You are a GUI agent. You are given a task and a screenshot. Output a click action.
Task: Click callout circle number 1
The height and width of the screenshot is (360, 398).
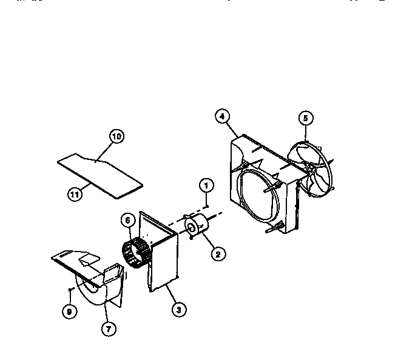(206, 184)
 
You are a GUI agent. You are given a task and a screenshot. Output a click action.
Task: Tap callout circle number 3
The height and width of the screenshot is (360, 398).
(177, 310)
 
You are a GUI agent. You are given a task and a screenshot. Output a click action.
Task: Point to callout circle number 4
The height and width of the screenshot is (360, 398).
(222, 116)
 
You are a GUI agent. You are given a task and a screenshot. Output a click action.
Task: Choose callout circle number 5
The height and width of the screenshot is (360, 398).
(305, 118)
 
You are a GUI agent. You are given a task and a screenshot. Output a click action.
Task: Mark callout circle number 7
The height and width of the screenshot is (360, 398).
(109, 329)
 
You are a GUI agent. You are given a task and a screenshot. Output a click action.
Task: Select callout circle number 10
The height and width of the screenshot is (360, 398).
(116, 137)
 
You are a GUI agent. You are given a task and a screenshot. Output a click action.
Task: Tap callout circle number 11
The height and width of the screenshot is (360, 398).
(75, 194)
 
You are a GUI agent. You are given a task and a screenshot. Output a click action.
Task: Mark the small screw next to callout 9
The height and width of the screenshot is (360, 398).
(72, 292)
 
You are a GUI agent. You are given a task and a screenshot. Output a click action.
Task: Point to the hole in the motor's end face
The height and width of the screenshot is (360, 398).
(191, 228)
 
